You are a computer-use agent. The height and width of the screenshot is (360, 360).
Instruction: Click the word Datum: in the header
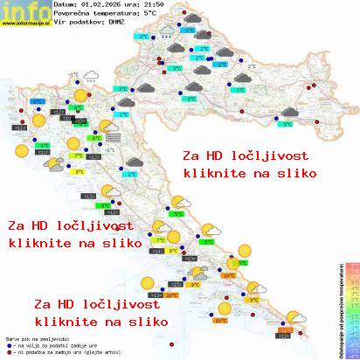coord(66,5)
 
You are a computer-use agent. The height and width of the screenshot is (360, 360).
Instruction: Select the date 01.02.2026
coord(104,5)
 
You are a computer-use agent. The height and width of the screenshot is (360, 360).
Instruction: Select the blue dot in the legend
coord(9,343)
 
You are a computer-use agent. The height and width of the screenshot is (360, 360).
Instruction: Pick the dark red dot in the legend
coord(9,350)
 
